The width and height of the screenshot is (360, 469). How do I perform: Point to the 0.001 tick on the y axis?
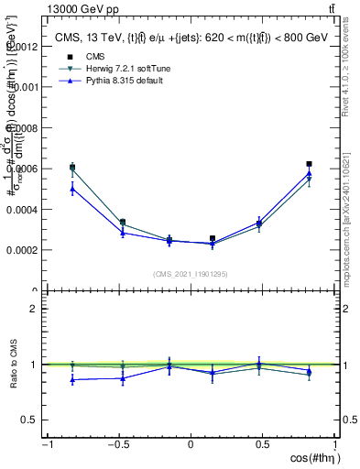click(x=26, y=87)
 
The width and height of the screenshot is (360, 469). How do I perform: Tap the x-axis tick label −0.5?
click(x=117, y=444)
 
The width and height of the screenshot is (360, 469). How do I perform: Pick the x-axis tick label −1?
click(x=46, y=444)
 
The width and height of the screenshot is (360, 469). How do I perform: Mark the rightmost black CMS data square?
click(x=310, y=164)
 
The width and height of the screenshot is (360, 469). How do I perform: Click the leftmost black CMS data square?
click(x=72, y=168)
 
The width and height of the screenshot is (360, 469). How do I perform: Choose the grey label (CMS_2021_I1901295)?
click(x=191, y=274)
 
